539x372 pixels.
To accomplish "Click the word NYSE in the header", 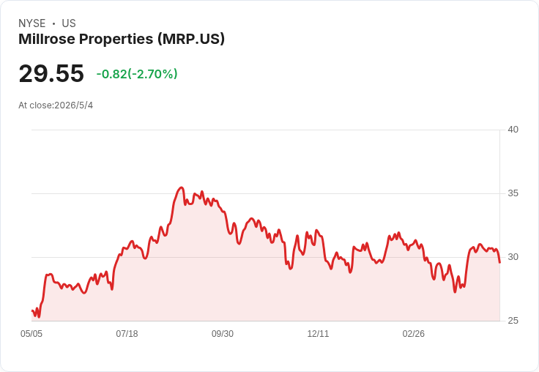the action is (x=32, y=23).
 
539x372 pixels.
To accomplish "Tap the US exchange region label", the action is (x=69, y=23).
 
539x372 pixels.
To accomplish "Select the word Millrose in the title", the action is (x=46, y=39).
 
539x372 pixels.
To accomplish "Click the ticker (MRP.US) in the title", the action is (x=191, y=40).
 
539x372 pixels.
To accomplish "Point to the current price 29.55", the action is (x=51, y=73).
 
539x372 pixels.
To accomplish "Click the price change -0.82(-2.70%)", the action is (x=137, y=74).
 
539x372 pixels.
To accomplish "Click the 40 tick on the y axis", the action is (x=513, y=130).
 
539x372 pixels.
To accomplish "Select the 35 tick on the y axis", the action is (x=513, y=193).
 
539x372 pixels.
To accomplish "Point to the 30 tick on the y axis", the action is (x=513, y=257).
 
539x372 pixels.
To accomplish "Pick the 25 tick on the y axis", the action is (x=513, y=321).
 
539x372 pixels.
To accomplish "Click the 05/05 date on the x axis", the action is (x=31, y=334).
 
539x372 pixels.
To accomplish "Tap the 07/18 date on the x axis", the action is (x=127, y=334).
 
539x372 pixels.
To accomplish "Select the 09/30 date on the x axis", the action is (x=223, y=334).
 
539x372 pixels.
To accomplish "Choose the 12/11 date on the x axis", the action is (x=318, y=334).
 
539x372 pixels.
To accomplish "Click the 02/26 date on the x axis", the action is (x=414, y=334).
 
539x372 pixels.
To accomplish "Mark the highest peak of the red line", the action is (x=182, y=187).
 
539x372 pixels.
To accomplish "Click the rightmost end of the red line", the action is (x=499, y=263).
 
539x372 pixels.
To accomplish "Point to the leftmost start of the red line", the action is (x=31, y=310).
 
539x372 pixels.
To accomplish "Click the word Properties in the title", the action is (x=116, y=40).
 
